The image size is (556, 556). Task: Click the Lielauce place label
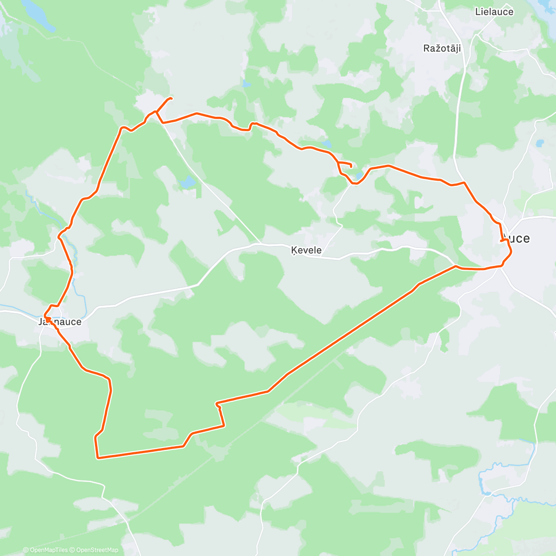click(494, 12)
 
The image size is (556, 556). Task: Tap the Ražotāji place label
click(442, 48)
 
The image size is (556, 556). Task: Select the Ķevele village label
click(306, 250)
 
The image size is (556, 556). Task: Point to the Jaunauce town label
click(60, 322)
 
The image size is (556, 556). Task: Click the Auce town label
click(515, 238)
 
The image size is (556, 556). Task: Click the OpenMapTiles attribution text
click(45, 550)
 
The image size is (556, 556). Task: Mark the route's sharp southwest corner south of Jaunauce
click(98, 458)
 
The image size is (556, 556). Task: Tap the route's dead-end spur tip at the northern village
click(171, 98)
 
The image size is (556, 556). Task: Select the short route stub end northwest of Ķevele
click(351, 166)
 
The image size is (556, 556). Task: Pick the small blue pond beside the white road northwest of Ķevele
click(188, 182)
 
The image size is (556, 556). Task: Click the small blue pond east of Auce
click(540, 143)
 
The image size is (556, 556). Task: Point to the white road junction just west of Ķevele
click(260, 244)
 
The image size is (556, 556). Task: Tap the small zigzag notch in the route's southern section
click(218, 405)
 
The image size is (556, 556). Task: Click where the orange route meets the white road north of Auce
click(464, 183)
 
